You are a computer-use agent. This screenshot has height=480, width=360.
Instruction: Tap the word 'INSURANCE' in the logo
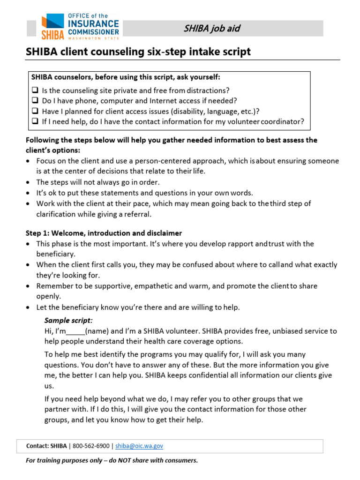[94, 23]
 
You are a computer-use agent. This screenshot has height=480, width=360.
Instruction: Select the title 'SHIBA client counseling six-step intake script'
[138, 52]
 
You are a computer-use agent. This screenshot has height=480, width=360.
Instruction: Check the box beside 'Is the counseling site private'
[35, 90]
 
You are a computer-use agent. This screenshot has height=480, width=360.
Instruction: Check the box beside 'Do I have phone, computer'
[35, 101]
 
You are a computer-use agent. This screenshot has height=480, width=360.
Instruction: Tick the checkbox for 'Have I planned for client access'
[35, 111]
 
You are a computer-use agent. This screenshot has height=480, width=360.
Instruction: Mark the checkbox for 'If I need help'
[35, 121]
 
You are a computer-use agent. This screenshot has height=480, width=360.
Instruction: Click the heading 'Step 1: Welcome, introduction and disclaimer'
[104, 233]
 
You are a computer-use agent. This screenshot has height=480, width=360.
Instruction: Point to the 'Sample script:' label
[68, 321]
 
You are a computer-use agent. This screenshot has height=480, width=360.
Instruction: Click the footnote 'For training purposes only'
[112, 460]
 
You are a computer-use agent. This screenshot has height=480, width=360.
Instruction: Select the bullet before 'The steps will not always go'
[29, 182]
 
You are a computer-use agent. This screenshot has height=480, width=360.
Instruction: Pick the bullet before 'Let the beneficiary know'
[29, 307]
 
